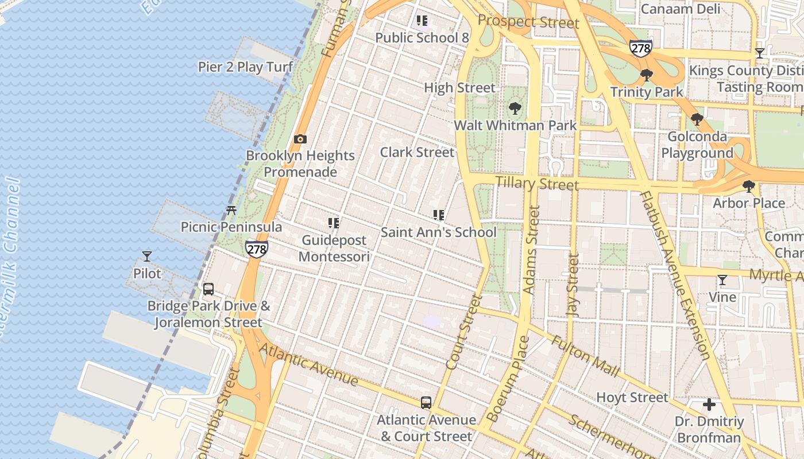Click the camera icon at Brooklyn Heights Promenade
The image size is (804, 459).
300,139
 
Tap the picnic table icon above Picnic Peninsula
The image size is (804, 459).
231,211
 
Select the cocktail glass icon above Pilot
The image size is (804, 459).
147,256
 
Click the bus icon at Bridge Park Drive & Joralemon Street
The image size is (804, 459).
208,289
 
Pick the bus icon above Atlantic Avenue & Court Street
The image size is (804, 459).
426,403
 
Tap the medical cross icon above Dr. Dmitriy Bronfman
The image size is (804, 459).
709,405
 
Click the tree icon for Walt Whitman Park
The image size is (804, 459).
515,108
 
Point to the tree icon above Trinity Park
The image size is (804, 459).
647,75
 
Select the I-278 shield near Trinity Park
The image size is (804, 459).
640,48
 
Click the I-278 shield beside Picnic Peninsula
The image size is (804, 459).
256,249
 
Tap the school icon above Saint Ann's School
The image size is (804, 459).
439,216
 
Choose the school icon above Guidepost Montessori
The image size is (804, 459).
334,223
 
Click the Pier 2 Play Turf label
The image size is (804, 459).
245,67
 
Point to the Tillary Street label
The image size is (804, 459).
536,184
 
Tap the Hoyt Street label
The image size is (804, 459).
632,397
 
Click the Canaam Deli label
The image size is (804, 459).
680,9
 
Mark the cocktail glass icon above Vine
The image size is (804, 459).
722,280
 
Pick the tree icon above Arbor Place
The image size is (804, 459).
748,186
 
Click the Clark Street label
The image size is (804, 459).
417,152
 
